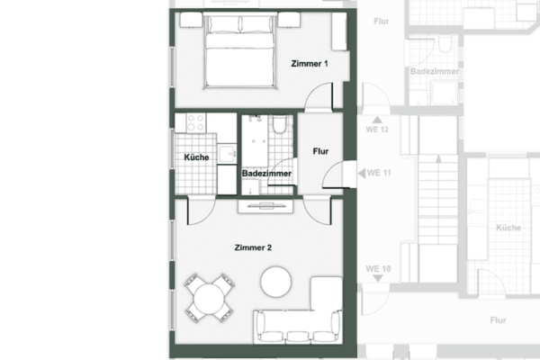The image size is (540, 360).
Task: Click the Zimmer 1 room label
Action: pyautogui.click(x=310, y=64)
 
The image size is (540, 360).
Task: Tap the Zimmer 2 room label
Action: pyautogui.click(x=253, y=247)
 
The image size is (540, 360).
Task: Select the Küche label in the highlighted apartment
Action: pyautogui.click(x=196, y=157)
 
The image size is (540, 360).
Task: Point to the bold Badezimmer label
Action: pyautogui.click(x=265, y=173)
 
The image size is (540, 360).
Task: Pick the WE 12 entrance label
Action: pyautogui.click(x=378, y=130)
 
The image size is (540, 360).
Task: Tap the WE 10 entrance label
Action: pyautogui.click(x=378, y=269)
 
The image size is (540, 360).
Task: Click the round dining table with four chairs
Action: pyautogui.click(x=210, y=297)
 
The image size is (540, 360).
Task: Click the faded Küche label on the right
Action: pyautogui.click(x=508, y=229)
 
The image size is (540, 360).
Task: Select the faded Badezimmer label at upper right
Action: pyautogui.click(x=435, y=71)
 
